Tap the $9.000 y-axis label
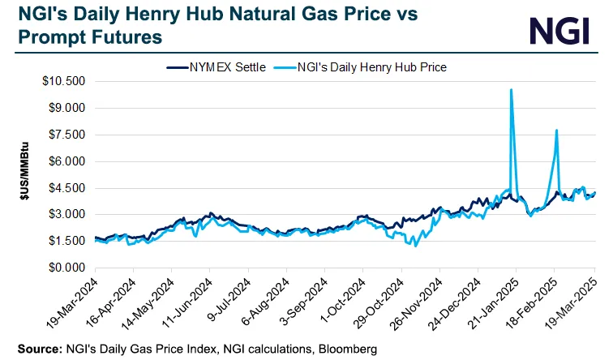point(67,109)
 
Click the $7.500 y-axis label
point(67,135)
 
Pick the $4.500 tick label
point(67,188)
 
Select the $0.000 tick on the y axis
point(67,268)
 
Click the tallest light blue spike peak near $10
point(511,90)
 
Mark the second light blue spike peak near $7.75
point(556,131)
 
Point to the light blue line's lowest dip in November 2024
point(416,244)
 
